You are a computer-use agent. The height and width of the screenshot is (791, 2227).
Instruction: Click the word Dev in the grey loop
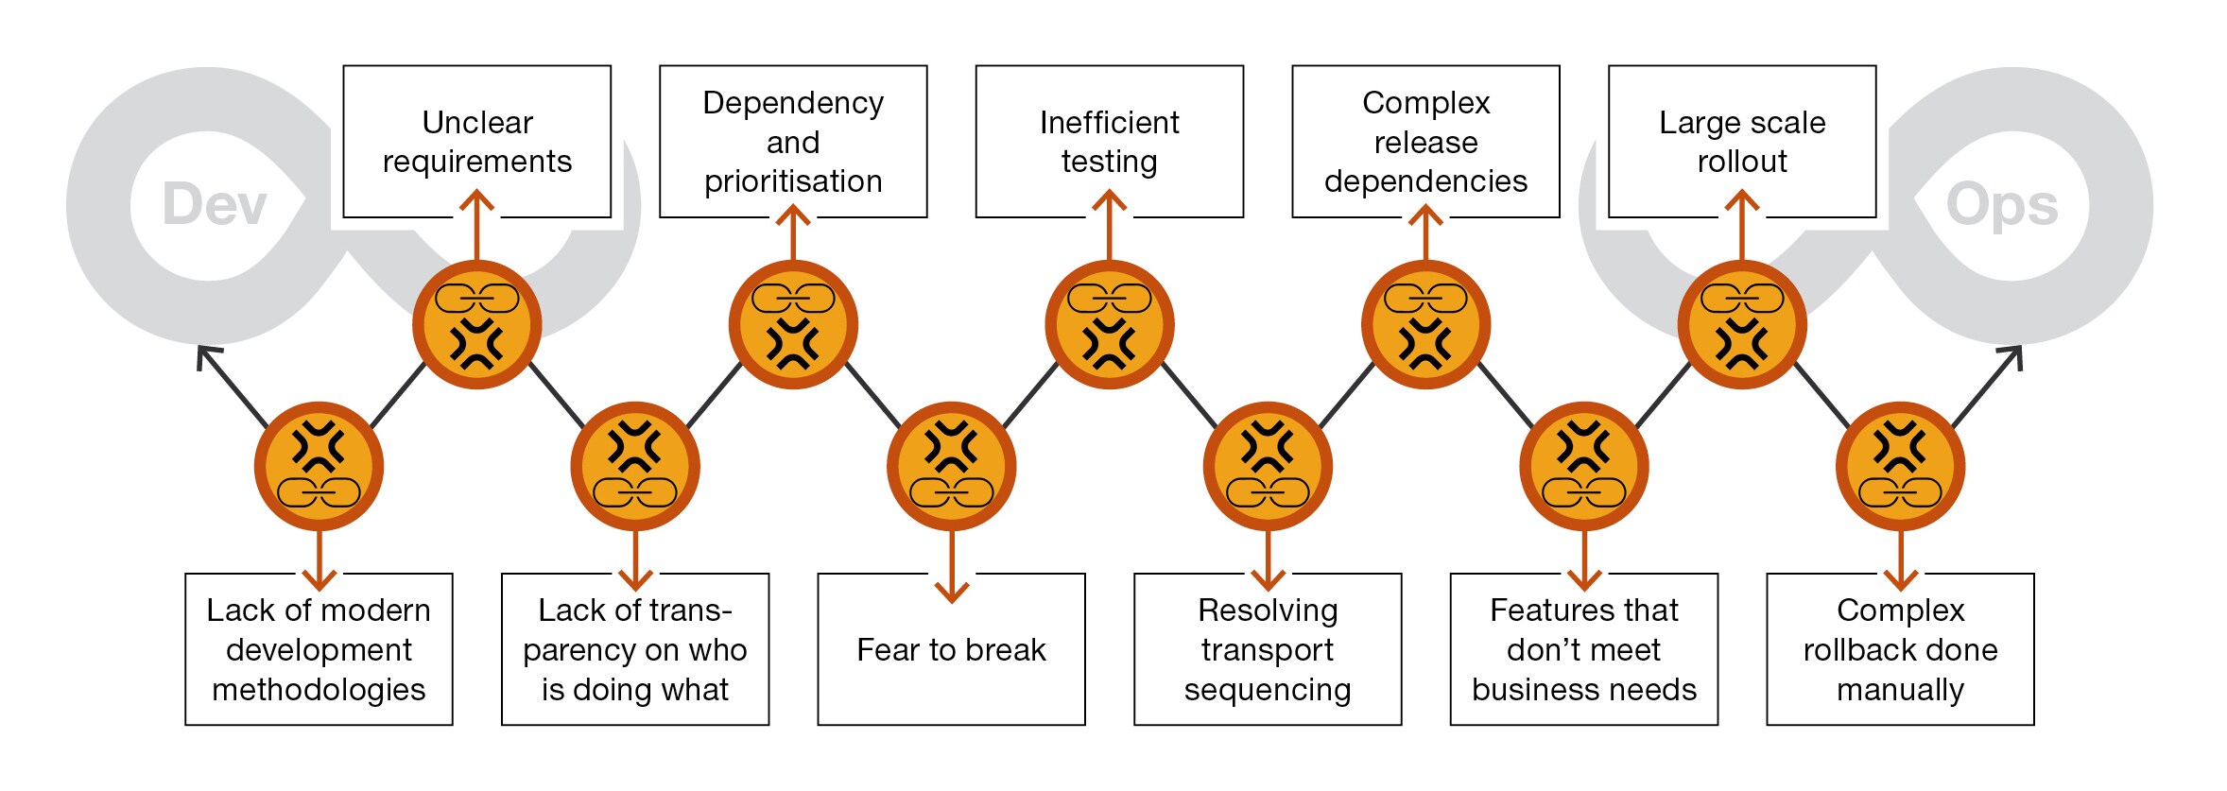click(x=215, y=204)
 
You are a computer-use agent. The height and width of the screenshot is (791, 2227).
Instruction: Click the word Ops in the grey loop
click(x=2002, y=204)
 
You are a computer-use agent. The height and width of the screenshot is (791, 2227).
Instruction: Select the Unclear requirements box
click(x=476, y=141)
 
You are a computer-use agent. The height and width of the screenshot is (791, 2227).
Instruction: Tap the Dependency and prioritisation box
click(x=793, y=141)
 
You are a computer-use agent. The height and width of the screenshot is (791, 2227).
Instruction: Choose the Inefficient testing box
click(x=1109, y=141)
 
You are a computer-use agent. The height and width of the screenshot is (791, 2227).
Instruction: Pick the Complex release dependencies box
click(x=1425, y=141)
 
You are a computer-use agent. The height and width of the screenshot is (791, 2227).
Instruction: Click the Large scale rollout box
click(x=1742, y=141)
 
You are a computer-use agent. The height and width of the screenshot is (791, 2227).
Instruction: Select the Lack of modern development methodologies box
click(x=319, y=649)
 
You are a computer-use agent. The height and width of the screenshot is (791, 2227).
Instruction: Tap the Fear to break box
click(x=951, y=649)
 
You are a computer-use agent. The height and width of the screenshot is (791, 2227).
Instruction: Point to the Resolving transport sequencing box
click(x=1268, y=649)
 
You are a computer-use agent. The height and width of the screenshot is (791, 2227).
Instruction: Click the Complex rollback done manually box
click(x=1900, y=649)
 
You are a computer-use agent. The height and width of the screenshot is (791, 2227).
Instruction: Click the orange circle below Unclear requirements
click(x=476, y=325)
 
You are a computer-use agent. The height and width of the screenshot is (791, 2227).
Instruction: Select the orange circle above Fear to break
click(x=951, y=466)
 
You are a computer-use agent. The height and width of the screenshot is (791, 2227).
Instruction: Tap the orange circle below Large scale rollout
click(x=1742, y=325)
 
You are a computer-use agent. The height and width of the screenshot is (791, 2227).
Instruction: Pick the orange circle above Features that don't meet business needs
click(x=1583, y=466)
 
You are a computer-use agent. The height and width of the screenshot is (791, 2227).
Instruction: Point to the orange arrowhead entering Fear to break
click(x=951, y=593)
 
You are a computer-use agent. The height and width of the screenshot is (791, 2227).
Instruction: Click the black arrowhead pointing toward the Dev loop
click(x=205, y=355)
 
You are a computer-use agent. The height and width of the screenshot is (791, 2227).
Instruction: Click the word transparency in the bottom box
click(x=634, y=630)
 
